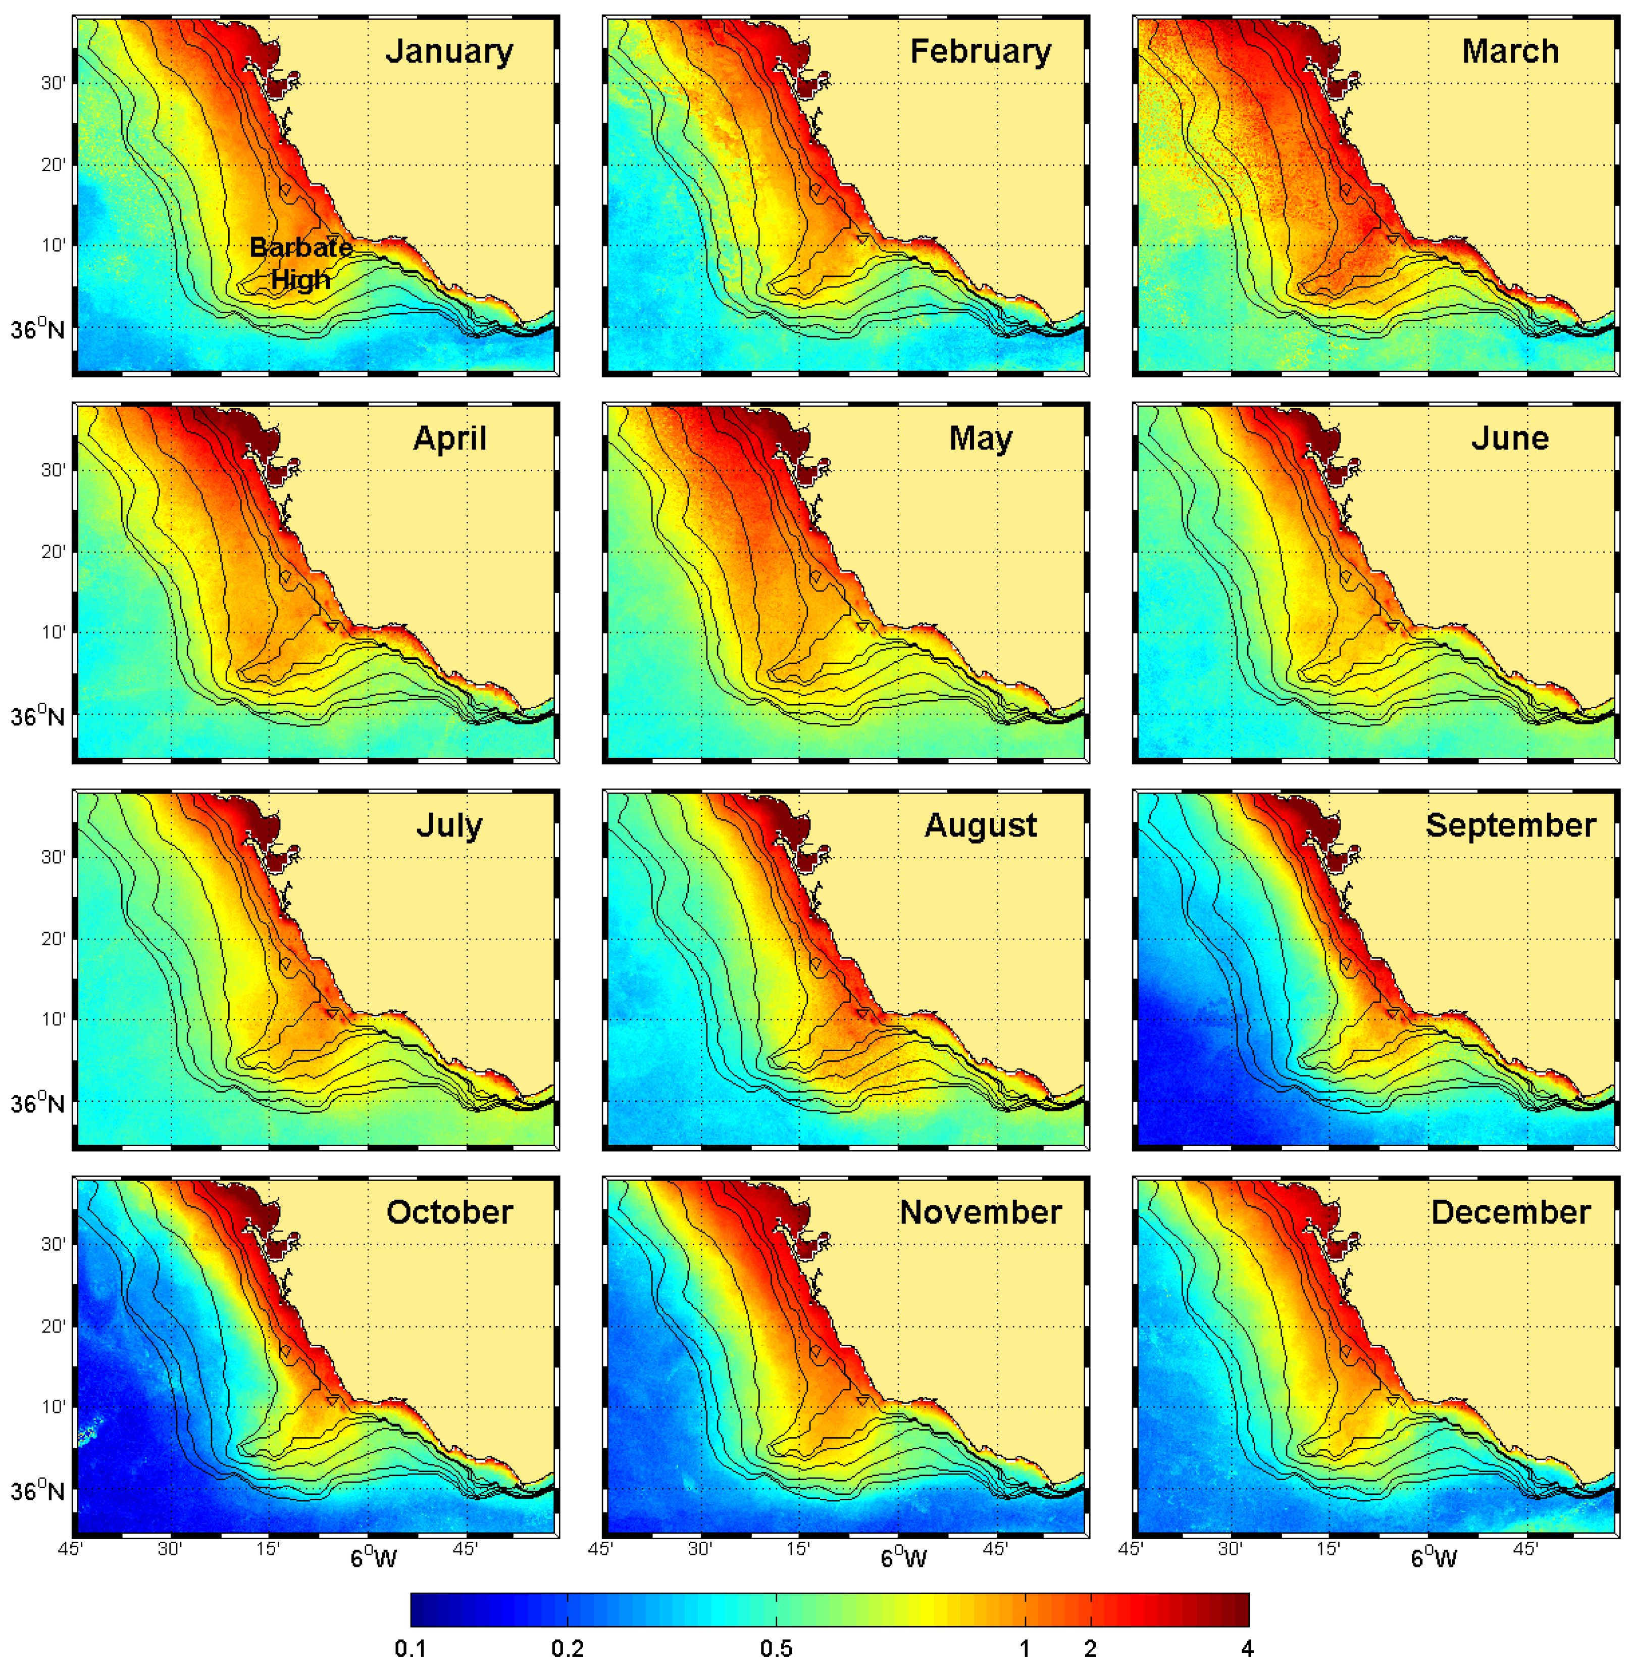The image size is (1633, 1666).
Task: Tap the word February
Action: pos(980,52)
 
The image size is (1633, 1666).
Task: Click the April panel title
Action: pos(449,438)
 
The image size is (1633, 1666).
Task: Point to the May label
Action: pos(980,438)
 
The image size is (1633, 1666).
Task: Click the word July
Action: pos(449,825)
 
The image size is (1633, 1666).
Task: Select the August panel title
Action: pos(980,825)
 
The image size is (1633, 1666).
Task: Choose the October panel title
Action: pos(449,1212)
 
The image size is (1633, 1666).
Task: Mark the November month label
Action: pos(980,1212)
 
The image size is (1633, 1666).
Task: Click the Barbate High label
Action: pos(300,263)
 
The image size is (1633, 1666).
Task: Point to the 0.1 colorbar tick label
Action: pos(410,1648)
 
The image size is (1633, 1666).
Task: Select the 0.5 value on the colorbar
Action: pos(776,1648)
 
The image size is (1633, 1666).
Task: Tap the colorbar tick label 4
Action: pos(1247,1648)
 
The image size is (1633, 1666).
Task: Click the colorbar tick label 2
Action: pos(1090,1648)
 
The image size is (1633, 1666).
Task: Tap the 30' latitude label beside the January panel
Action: pos(53,83)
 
